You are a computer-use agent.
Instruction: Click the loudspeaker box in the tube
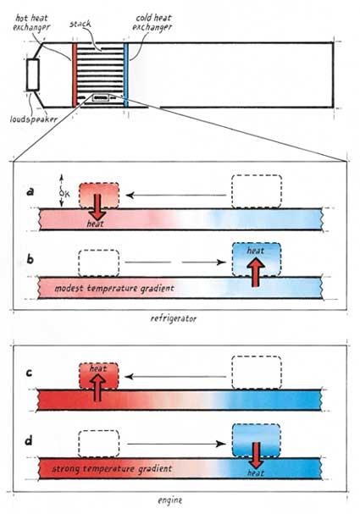[33, 75]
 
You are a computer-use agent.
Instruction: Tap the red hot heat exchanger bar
[75, 75]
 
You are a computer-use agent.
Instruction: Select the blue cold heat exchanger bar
[126, 75]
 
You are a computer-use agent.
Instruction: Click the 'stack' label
[80, 24]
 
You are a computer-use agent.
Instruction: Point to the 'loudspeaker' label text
[33, 119]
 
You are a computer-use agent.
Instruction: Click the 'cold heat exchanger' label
[152, 22]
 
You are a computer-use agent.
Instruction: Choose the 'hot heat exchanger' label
[31, 22]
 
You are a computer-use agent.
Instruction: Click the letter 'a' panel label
[30, 191]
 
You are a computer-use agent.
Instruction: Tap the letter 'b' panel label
[30, 260]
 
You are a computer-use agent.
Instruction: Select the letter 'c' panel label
[29, 373]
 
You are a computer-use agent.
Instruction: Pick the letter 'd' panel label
[29, 441]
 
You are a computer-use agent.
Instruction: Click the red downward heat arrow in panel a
[97, 207]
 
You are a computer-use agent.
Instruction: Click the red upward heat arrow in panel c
[97, 388]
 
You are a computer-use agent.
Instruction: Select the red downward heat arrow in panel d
[256, 456]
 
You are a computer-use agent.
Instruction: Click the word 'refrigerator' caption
[174, 318]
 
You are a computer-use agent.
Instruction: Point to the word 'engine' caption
[170, 500]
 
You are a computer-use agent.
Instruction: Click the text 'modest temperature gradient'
[114, 289]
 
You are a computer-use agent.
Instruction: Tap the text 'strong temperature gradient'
[112, 469]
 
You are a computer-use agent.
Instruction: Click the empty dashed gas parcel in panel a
[257, 191]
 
